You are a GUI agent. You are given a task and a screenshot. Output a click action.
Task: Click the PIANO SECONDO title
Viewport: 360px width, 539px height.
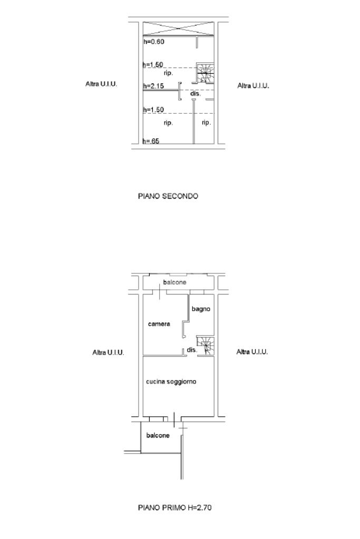tap(168, 197)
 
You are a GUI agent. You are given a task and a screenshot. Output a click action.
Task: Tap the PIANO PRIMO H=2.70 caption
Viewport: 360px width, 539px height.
tap(174, 507)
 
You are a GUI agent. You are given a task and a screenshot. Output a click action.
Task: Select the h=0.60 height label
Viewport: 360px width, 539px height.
tap(154, 42)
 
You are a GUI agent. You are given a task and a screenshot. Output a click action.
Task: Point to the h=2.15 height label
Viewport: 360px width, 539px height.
tap(153, 86)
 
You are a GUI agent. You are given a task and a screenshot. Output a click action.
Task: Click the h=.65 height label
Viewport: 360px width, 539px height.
tap(151, 141)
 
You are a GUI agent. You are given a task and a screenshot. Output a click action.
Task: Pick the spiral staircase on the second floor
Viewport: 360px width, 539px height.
tap(205, 73)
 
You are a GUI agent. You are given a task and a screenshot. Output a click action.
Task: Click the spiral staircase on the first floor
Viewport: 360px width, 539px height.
tap(205, 346)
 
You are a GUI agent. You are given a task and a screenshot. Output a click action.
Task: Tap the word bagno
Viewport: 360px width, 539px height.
tap(201, 309)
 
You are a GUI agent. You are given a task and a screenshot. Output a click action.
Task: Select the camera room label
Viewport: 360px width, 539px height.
tap(159, 324)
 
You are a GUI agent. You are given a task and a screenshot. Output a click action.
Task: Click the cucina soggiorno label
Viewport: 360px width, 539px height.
tap(171, 381)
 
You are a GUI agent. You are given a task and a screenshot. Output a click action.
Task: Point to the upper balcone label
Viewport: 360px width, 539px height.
tap(174, 282)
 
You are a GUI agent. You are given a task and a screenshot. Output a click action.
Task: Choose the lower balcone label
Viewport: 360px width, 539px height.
tap(158, 435)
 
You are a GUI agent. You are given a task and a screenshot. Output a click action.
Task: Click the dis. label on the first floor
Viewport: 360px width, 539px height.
tap(192, 350)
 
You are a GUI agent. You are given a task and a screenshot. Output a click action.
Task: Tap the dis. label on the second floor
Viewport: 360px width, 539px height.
tap(196, 93)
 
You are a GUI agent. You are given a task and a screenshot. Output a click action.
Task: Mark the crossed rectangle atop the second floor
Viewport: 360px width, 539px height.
tap(179, 28)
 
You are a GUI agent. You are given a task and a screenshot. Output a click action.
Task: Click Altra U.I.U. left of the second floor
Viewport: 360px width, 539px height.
tap(101, 84)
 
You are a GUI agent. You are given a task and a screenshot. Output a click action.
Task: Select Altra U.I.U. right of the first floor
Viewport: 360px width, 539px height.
tap(252, 351)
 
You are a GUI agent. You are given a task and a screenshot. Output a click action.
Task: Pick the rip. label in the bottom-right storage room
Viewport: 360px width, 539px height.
tap(206, 122)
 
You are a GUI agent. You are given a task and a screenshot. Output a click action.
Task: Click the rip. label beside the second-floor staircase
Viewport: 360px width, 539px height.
tap(168, 73)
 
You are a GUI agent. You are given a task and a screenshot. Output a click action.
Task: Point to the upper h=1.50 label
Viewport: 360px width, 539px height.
tap(153, 65)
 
